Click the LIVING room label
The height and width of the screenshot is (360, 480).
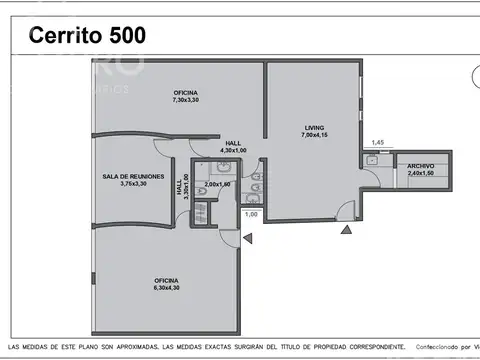tap(319, 127)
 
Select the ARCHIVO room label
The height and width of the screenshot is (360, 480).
tap(421, 165)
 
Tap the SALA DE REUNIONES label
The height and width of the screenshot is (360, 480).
tap(132, 175)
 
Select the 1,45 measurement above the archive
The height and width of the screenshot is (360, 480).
tap(377, 143)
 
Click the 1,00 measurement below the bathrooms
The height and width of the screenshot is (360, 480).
tap(251, 214)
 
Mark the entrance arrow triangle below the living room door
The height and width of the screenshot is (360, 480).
tap(346, 231)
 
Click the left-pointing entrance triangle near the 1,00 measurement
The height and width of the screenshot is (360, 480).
tap(247, 237)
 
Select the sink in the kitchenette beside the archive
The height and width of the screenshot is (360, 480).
tap(371, 160)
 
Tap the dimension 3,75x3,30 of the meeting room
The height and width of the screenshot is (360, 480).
tap(132, 184)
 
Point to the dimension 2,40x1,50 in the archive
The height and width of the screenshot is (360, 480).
tap(421, 173)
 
